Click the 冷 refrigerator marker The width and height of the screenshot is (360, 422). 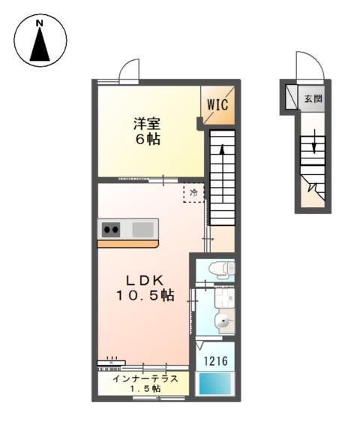(193, 193)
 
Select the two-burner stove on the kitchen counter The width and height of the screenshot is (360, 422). (111, 229)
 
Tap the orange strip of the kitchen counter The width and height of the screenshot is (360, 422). (127, 243)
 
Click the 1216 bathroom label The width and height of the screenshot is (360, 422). (217, 362)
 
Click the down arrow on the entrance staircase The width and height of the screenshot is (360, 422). (314, 143)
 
